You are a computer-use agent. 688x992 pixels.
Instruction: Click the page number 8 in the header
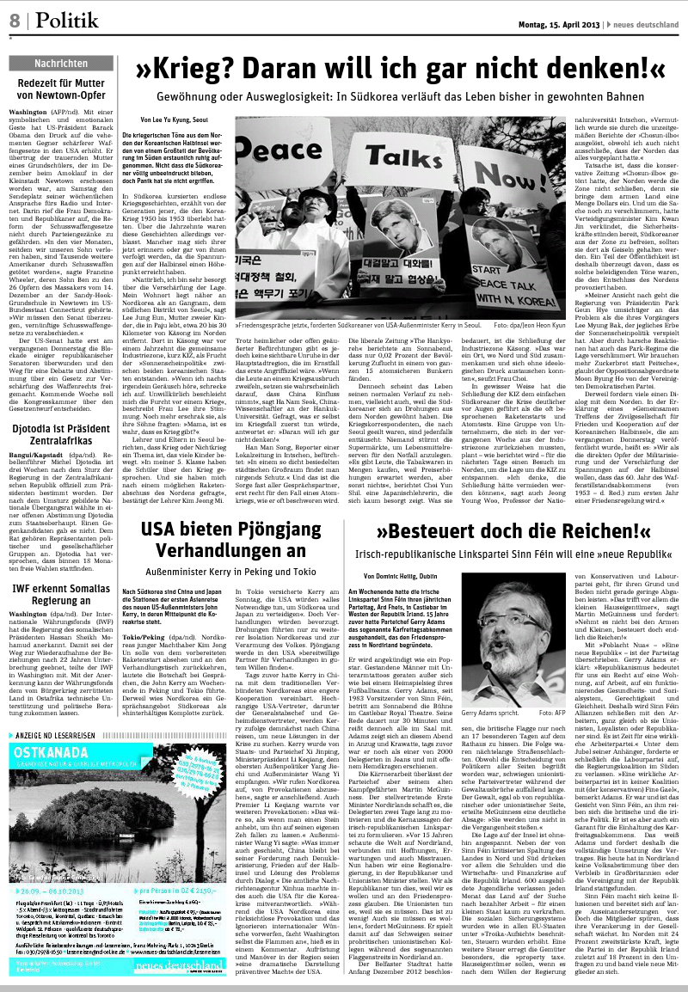(x=15, y=20)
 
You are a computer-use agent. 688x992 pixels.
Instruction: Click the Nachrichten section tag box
(x=60, y=64)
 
